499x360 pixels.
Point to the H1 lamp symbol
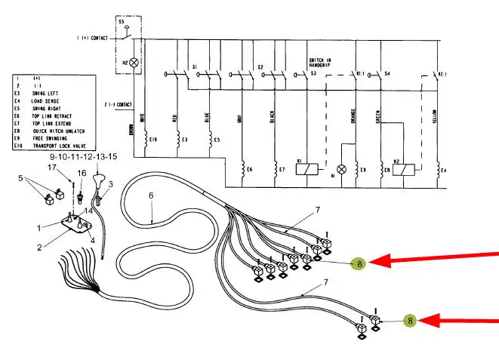click(x=340, y=169)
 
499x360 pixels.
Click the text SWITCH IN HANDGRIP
click(x=322, y=63)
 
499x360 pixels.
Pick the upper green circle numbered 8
click(x=360, y=263)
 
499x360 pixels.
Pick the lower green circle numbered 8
click(x=410, y=321)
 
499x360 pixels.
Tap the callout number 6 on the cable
click(x=151, y=195)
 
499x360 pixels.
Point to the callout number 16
click(x=82, y=173)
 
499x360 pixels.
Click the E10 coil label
click(x=153, y=140)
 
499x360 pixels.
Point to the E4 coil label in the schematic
click(x=445, y=171)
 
